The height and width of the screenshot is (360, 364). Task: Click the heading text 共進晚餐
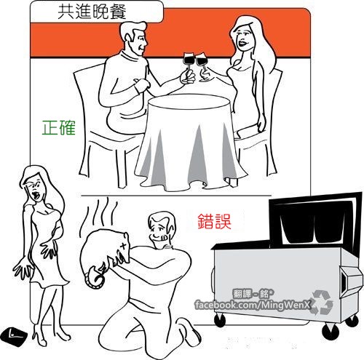[x=92, y=12]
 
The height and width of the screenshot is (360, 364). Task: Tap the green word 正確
[x=59, y=127]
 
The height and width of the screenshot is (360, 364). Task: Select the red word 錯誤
[x=214, y=221]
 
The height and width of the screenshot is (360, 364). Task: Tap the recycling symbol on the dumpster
[x=322, y=302]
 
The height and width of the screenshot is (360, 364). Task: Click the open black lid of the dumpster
[x=315, y=220]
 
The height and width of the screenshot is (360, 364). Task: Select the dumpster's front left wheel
[x=221, y=319]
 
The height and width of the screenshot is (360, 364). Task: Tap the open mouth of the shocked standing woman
[x=36, y=194]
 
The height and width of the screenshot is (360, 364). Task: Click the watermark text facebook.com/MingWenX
[x=253, y=305]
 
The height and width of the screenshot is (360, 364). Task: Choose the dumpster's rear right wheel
[x=352, y=321]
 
